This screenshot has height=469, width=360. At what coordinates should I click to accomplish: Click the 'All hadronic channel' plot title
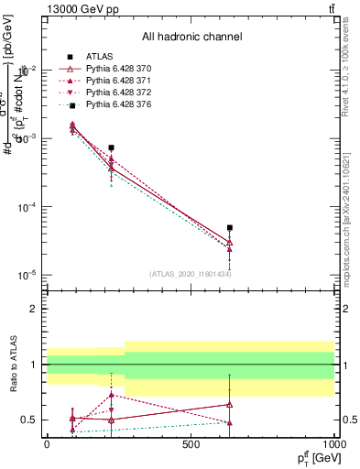tap(192, 37)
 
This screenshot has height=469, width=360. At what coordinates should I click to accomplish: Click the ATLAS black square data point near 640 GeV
tap(230, 227)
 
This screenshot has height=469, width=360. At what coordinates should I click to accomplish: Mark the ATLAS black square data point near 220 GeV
tap(111, 147)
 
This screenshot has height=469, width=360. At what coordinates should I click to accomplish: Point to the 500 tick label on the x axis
tap(191, 443)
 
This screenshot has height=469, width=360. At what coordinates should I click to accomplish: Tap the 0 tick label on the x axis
tap(46, 443)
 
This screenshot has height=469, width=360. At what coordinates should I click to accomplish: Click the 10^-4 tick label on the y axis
tap(25, 207)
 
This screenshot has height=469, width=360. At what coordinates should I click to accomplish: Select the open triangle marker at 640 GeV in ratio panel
tap(230, 404)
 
